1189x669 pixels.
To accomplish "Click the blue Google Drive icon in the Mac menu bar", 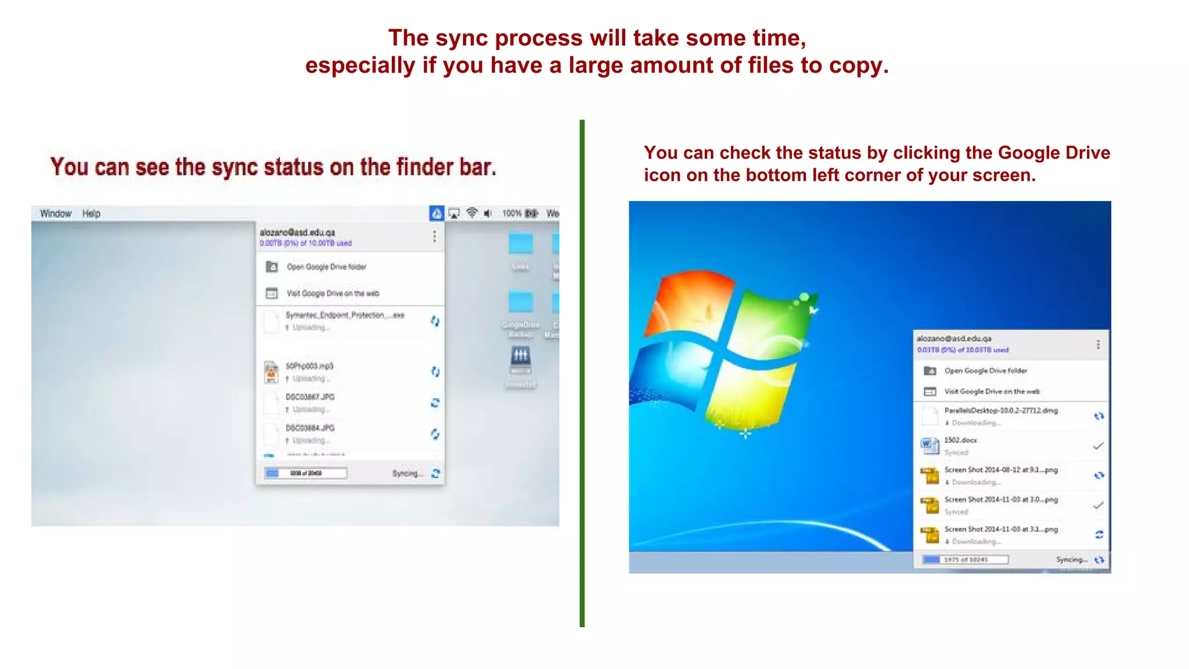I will [437, 214].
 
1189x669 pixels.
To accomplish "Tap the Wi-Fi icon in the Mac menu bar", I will [472, 213].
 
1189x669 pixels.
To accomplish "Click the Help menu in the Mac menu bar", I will [91, 214].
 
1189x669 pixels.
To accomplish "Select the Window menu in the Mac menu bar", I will [56, 214].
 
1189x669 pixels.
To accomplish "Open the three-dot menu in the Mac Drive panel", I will [434, 236].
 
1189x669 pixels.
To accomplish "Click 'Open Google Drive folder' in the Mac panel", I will [326, 267].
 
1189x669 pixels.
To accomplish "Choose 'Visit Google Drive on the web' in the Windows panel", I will [992, 391].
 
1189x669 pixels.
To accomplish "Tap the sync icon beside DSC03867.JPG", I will [435, 402].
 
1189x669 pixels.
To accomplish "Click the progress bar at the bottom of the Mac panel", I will [306, 473].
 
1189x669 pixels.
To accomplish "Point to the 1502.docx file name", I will [960, 440].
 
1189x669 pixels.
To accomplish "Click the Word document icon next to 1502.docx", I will [929, 445].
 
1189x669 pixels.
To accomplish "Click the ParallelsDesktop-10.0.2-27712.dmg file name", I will [1001, 411].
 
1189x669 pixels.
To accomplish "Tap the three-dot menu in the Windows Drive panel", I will [1098, 344].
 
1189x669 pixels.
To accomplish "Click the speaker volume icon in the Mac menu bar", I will [488, 214].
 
